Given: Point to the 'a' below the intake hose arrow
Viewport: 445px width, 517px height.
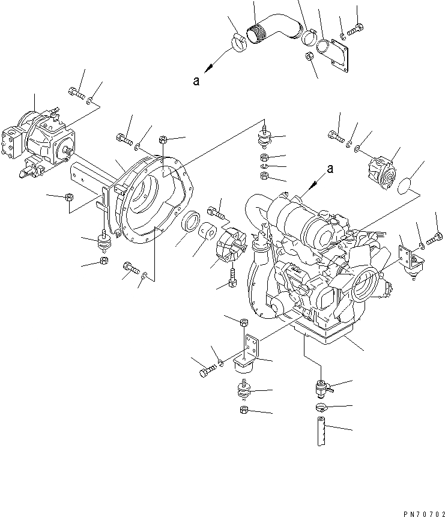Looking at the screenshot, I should point(196,82).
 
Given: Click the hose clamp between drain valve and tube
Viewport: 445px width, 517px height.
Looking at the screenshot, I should point(321,408).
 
